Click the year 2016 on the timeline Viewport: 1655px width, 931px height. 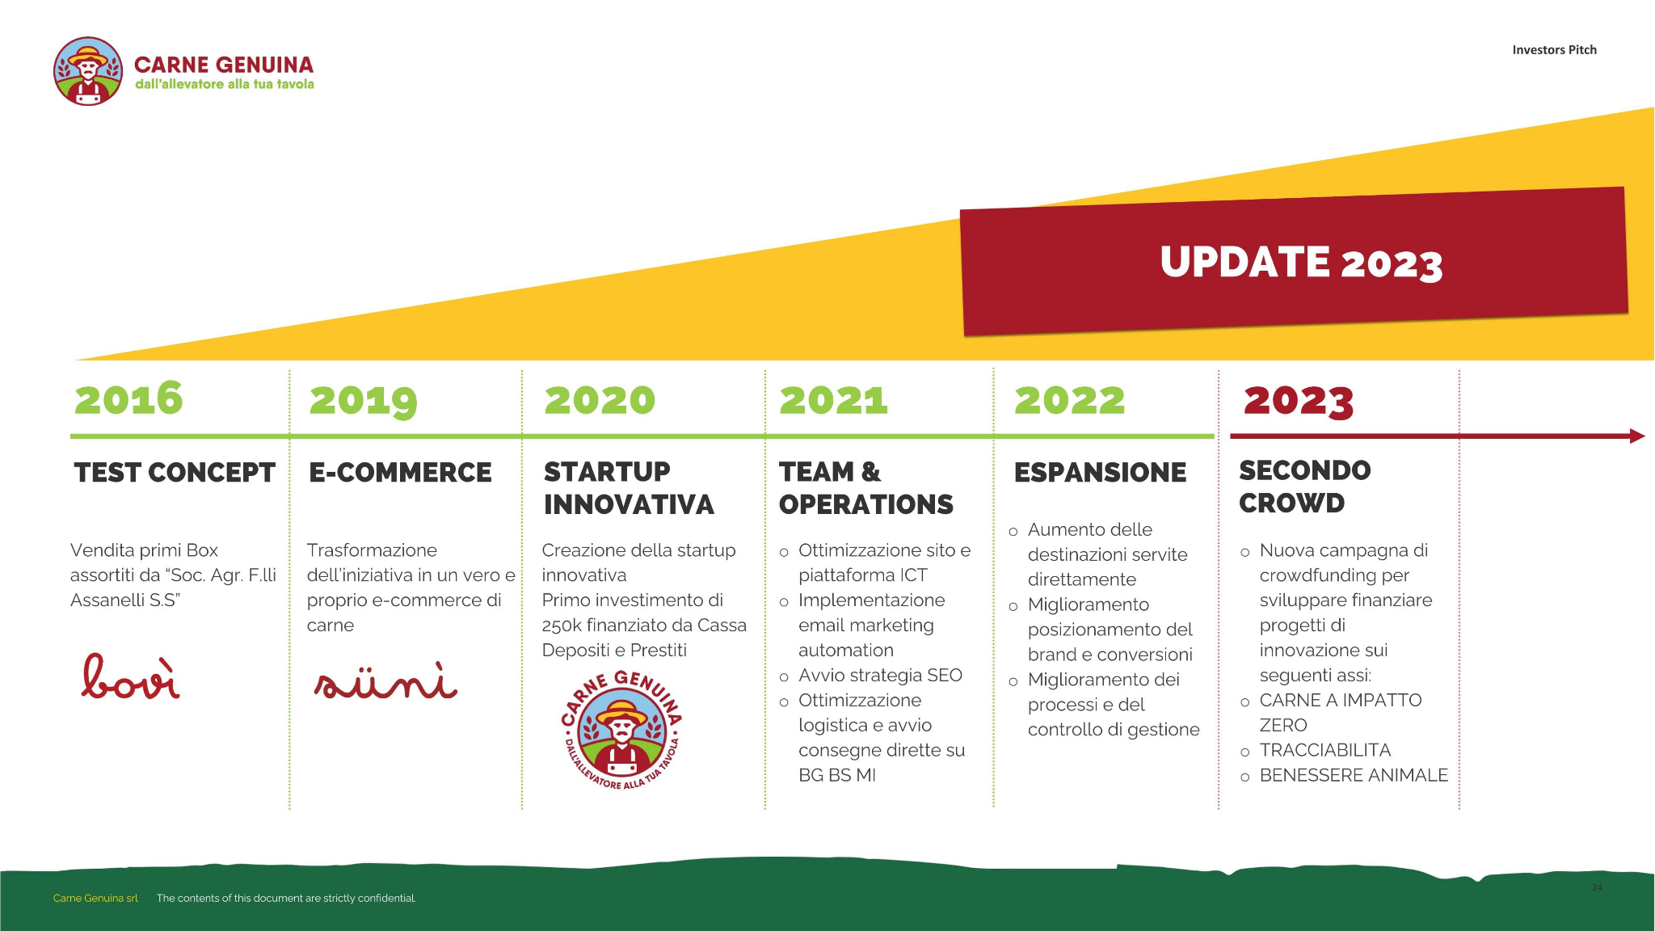(x=129, y=398)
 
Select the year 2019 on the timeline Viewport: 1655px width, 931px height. (x=364, y=401)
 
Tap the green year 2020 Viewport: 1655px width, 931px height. (x=600, y=400)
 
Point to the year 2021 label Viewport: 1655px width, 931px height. (x=833, y=400)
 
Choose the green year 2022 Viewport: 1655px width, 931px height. (x=1069, y=400)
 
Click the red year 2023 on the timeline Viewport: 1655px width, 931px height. (x=1298, y=402)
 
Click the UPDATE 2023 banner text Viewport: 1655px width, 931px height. (x=1301, y=263)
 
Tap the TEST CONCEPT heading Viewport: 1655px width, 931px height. (x=175, y=472)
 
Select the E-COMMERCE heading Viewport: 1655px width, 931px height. (x=400, y=472)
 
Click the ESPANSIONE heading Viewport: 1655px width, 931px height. (x=1100, y=472)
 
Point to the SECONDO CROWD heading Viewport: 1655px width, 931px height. (x=1304, y=487)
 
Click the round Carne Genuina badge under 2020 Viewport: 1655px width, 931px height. (x=621, y=731)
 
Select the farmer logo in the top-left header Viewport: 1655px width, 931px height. (x=88, y=71)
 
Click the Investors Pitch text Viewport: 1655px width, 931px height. (x=1554, y=50)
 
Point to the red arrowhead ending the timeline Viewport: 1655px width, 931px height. (x=1637, y=436)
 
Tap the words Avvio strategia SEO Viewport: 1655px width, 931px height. (x=880, y=676)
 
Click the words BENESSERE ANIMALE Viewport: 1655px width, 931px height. (x=1354, y=776)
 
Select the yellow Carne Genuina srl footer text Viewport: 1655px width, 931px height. (x=95, y=898)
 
